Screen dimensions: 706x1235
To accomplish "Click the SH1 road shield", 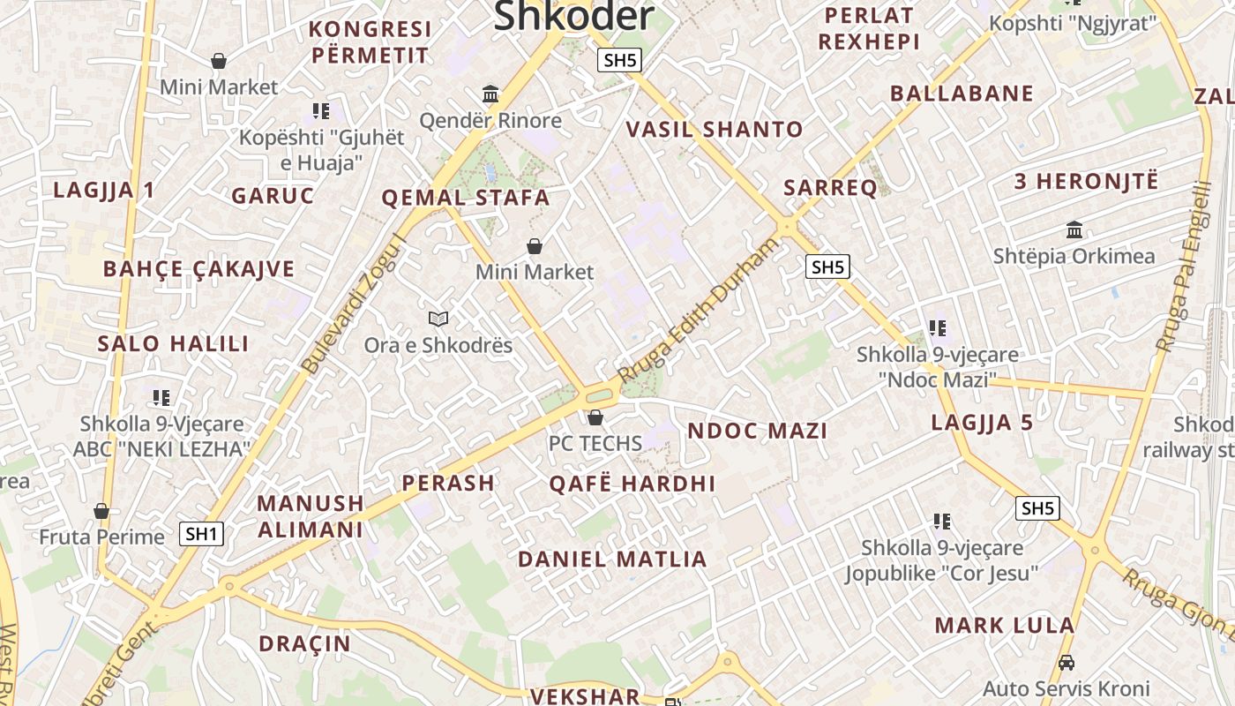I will [201, 533].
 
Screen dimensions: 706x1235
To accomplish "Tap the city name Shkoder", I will [574, 15].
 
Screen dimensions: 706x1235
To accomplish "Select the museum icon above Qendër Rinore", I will [490, 94].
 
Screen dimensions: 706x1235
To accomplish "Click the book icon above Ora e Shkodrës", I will [438, 319].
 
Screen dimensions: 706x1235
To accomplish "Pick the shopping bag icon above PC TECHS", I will [595, 417].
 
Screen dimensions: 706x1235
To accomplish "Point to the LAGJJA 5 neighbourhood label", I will [982, 423].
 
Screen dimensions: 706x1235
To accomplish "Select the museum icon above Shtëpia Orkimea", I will [1074, 230].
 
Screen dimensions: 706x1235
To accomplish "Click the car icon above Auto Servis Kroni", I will [1066, 662].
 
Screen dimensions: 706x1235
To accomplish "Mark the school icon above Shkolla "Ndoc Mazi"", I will [938, 328].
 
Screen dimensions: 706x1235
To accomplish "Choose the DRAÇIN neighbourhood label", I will [304, 643].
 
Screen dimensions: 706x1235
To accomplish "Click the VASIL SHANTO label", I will [715, 130].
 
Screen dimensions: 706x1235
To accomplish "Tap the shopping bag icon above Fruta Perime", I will [101, 511].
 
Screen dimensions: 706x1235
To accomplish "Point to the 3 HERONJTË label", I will [1086, 182].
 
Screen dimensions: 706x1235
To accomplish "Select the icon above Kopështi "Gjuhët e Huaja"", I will [321, 111].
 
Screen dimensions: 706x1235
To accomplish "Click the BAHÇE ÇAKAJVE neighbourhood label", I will [198, 269].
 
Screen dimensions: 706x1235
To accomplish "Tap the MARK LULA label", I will [1005, 626].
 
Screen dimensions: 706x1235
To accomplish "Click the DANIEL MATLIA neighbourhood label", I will [612, 560].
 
